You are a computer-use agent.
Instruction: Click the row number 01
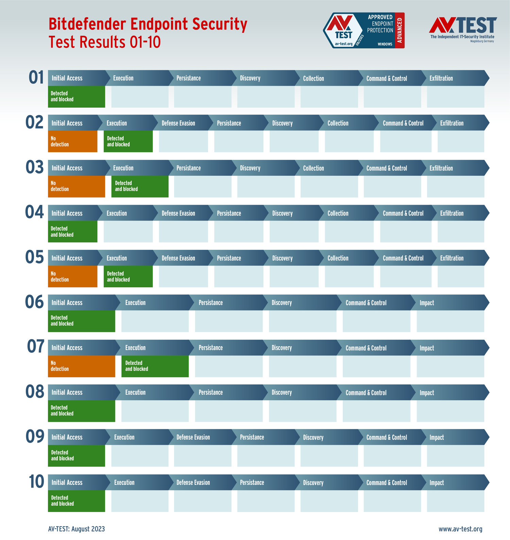36,78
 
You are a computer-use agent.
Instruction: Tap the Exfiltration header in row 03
441,168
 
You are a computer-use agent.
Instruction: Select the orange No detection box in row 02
72,141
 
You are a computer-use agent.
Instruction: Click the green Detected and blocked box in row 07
155,366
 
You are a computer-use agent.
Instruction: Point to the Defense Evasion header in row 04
178,213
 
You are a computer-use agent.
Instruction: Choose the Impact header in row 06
427,303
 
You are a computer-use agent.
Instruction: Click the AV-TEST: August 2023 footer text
76,529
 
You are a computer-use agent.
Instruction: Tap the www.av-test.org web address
460,529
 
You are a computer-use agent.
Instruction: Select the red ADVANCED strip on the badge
400,30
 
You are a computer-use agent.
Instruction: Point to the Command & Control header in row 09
387,438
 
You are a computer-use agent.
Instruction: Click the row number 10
36,482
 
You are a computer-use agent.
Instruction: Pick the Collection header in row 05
338,258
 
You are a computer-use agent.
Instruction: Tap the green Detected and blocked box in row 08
81,411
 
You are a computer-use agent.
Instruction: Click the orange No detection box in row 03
76,186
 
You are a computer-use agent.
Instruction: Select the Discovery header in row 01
250,78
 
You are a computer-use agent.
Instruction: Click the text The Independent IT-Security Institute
462,37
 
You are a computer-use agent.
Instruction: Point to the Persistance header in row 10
252,482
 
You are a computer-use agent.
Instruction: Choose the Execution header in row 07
135,348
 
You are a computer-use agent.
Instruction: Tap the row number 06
35,302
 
